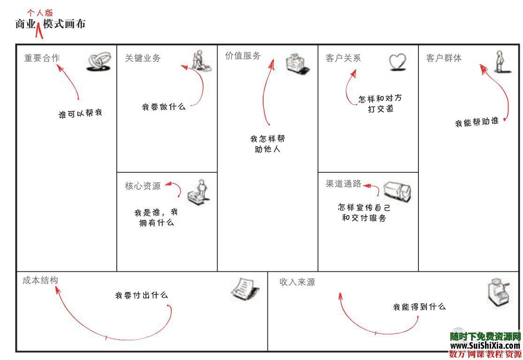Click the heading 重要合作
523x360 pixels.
point(42,58)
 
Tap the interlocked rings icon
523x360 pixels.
point(99,62)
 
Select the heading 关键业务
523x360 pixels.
point(143,58)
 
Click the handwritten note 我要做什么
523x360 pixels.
point(164,107)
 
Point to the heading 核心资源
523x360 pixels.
point(143,186)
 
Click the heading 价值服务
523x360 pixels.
point(243,56)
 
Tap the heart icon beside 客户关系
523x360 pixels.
point(397,62)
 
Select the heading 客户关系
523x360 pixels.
point(343,58)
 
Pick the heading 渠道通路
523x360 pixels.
point(344,184)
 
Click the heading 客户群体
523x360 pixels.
point(444,58)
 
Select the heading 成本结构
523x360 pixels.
point(40,280)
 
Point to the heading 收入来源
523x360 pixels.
point(297,282)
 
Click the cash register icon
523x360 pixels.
point(497,292)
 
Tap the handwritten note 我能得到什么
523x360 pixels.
point(419,307)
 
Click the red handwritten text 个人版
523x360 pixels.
point(40,13)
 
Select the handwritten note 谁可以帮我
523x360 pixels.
point(80,114)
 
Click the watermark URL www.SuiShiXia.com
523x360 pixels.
point(485,345)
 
